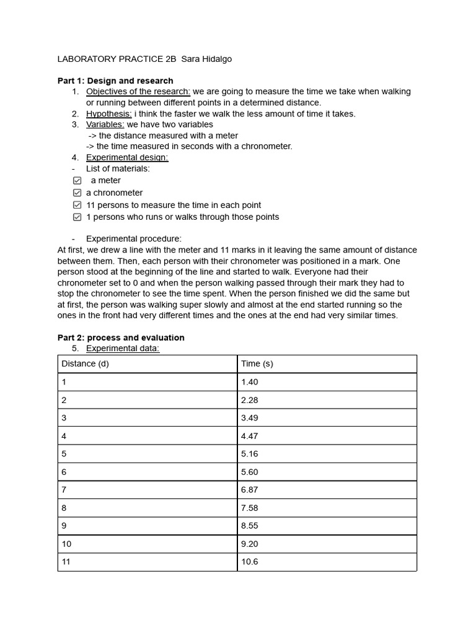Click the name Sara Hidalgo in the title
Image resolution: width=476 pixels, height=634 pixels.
(x=206, y=59)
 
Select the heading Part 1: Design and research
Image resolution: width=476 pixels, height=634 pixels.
(x=115, y=80)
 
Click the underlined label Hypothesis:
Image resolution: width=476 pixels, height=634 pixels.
(x=108, y=114)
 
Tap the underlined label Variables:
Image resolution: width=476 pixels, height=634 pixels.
(x=105, y=124)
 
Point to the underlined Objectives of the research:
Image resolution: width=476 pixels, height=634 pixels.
(x=138, y=92)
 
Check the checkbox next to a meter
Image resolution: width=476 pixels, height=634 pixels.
(x=77, y=181)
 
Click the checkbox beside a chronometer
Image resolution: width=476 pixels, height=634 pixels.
(x=77, y=193)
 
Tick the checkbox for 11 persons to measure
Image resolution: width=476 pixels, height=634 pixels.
(x=77, y=205)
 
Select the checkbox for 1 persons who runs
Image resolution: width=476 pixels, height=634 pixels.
(x=77, y=217)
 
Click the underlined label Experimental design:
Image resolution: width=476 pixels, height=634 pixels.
(x=127, y=157)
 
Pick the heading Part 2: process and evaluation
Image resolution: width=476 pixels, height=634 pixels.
(x=121, y=337)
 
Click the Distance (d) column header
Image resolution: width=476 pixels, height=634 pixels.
(x=86, y=363)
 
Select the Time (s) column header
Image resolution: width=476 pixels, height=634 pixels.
(x=257, y=363)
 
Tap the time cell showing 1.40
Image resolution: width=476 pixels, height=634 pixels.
(x=250, y=382)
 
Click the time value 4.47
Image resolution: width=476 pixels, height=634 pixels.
(x=250, y=436)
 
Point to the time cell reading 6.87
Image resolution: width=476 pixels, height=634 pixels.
(x=250, y=490)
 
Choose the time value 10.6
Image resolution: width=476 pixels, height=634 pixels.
(x=250, y=562)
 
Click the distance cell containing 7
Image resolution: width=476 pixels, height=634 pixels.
(x=64, y=490)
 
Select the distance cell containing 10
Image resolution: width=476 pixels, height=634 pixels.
(x=66, y=544)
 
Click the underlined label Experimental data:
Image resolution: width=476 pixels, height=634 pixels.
(x=123, y=349)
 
